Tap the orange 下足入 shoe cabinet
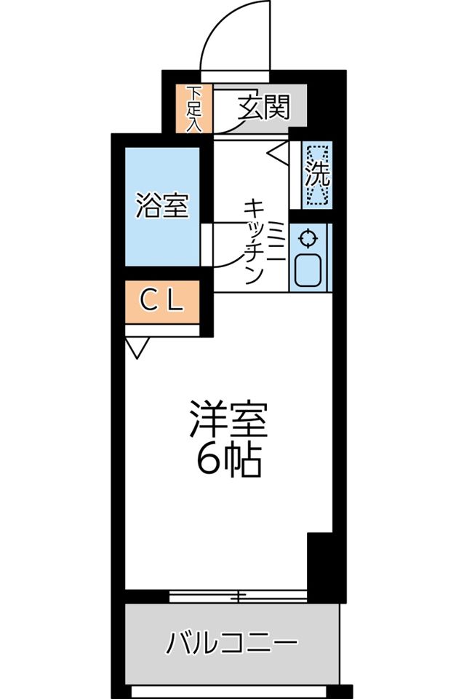click(x=194, y=109)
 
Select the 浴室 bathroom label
click(x=162, y=206)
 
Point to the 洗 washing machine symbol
click(x=317, y=175)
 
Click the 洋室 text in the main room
click(x=229, y=420)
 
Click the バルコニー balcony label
click(x=232, y=642)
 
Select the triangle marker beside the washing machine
click(x=279, y=152)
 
